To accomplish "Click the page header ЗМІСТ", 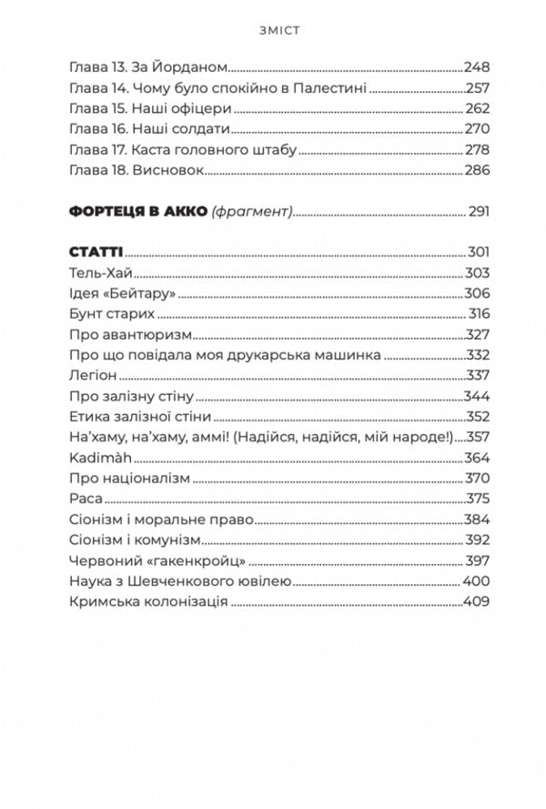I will [274, 29].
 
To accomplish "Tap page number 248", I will [476, 66].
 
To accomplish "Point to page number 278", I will [476, 150].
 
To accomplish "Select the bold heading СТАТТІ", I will [96, 251].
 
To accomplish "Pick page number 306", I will [476, 292].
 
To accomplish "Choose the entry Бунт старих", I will [111, 313].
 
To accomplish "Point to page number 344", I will [476, 395].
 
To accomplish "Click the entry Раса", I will [85, 498].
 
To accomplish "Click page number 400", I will [476, 581].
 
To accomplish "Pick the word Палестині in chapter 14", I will [330, 87].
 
